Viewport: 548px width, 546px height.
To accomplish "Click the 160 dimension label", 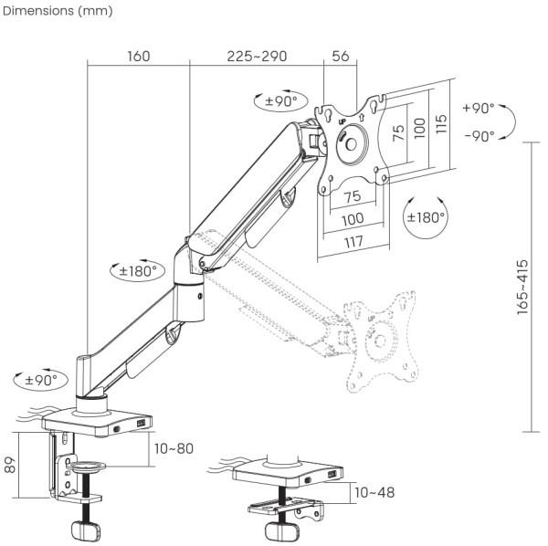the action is click(x=139, y=57).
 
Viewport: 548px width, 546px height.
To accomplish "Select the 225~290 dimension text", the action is click(x=257, y=57).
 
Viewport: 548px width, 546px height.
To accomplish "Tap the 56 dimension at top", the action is click(x=341, y=57).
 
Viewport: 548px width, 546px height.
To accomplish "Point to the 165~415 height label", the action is click(x=522, y=287).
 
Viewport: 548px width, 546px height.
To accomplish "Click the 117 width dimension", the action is click(x=353, y=242).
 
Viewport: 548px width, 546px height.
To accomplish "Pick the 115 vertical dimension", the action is click(x=441, y=123).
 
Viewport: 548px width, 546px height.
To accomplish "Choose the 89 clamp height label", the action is click(x=10, y=465).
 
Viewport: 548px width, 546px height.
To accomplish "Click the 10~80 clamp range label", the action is click(x=174, y=449).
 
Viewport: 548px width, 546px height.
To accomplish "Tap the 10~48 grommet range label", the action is click(x=374, y=492).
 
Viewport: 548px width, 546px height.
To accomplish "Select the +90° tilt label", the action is click(x=479, y=108).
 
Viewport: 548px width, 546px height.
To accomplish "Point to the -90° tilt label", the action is click(x=479, y=135).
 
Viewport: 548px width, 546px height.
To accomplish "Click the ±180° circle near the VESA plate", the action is click(x=426, y=217).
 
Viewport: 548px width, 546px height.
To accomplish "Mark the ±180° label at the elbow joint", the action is click(x=137, y=271).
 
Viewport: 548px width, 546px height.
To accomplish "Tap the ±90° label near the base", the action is click(x=41, y=380).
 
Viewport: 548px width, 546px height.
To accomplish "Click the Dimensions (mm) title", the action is click(x=58, y=11).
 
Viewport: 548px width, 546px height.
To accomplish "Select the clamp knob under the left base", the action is click(x=86, y=531).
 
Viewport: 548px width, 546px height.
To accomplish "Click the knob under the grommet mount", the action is click(x=281, y=531).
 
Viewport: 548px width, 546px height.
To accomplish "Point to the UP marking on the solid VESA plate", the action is click(x=342, y=122).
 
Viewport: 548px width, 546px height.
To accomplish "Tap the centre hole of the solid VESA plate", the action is click(x=351, y=144).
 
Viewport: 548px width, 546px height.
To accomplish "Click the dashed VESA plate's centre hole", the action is click(x=380, y=341).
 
